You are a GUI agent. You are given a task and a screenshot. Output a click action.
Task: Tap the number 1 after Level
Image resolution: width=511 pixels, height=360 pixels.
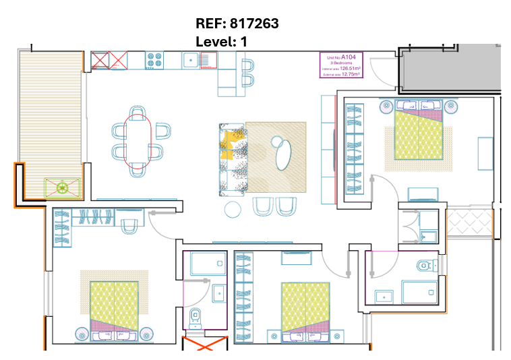[x=244, y=42]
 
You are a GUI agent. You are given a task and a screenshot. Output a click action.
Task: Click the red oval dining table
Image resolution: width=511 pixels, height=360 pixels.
[x=138, y=141]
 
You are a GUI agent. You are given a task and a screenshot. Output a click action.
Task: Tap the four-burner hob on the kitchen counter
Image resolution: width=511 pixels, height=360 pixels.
[x=155, y=60]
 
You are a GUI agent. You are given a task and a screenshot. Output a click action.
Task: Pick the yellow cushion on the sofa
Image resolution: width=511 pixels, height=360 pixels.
[x=229, y=145]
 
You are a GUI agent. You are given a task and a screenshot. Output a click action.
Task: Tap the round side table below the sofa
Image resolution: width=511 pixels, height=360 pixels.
[x=233, y=209]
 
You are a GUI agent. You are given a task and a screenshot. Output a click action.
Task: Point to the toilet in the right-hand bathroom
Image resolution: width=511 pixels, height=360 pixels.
[x=425, y=264]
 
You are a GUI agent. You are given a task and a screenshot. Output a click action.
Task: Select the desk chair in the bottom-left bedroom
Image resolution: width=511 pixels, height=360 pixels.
[x=128, y=226]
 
